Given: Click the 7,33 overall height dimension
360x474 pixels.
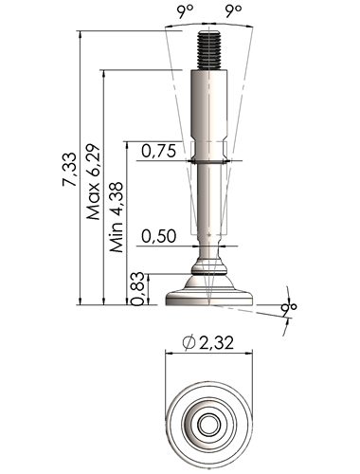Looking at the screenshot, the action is [x=69, y=169].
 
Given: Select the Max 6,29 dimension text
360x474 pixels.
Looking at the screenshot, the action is [x=94, y=182].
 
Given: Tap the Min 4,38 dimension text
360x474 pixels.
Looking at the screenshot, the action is [x=117, y=217].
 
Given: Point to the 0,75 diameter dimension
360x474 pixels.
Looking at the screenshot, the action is [x=158, y=151].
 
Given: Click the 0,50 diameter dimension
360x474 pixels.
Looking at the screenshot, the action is [x=158, y=236].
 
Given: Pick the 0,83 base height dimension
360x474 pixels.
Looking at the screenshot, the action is [x=137, y=288].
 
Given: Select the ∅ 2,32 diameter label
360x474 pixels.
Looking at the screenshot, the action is [x=208, y=342].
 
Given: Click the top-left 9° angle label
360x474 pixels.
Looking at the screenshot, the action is [x=185, y=11].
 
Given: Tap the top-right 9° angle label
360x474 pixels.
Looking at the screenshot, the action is [x=234, y=11].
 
